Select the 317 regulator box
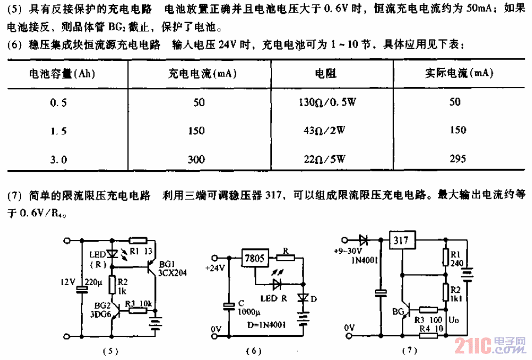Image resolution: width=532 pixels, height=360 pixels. click(402, 240)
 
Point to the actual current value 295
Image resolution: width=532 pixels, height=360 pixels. click(458, 159)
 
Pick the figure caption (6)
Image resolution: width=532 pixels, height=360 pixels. click(258, 350)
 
